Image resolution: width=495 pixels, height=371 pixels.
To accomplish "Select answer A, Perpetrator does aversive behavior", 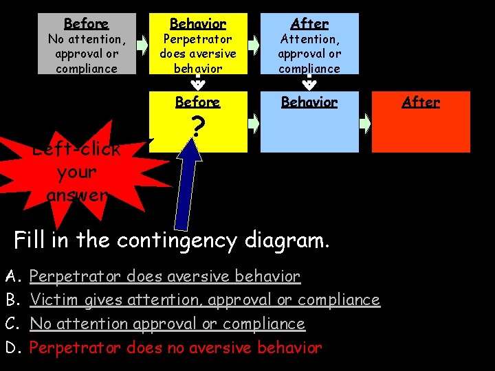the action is tap(165, 277).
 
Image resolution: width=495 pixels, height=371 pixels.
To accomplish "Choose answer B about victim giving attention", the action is tap(205, 300).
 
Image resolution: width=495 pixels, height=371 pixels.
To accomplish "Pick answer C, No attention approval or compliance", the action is tap(167, 324).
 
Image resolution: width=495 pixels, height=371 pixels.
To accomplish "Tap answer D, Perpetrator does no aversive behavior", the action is tap(176, 348).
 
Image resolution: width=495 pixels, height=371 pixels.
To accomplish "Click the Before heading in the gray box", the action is tap(86, 24).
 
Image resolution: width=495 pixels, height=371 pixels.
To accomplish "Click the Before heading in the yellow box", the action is tap(197, 102).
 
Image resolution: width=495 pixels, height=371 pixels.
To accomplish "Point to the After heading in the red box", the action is tap(421, 102).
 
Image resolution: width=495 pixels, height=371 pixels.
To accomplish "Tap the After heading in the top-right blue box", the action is tap(309, 24).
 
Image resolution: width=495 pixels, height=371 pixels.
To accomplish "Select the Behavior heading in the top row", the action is tap(197, 24).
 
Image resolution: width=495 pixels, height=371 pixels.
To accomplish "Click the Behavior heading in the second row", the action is tap(309, 102).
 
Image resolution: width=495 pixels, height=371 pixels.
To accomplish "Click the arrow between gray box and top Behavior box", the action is tap(142, 45).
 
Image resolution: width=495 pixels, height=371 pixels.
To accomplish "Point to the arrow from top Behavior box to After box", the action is tap(254, 45).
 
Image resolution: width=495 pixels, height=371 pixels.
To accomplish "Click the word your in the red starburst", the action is tap(77, 172).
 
